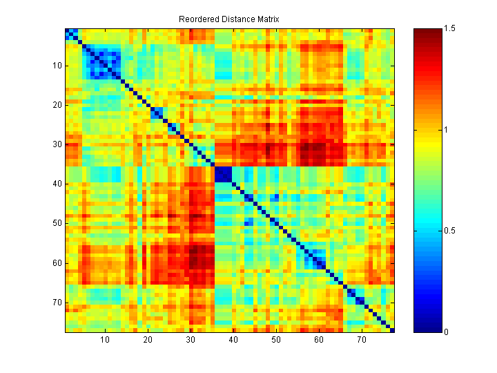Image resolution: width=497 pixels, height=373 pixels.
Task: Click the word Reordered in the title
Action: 196,19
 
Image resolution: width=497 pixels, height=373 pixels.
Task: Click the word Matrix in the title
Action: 265,19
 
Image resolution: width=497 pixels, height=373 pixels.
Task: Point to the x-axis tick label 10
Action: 105,341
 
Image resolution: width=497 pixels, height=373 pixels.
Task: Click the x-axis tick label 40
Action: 233,341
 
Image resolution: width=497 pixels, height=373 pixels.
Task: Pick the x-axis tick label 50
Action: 276,341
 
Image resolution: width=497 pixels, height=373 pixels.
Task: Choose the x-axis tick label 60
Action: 319,341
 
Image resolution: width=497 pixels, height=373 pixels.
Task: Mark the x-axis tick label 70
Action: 362,341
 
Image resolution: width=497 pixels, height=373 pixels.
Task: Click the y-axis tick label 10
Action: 57,66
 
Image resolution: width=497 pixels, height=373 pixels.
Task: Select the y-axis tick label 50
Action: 57,223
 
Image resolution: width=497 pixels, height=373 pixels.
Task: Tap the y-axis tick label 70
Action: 57,302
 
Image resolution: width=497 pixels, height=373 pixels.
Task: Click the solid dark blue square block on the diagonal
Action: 223,174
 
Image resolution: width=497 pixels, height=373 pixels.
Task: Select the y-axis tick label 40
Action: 57,184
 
